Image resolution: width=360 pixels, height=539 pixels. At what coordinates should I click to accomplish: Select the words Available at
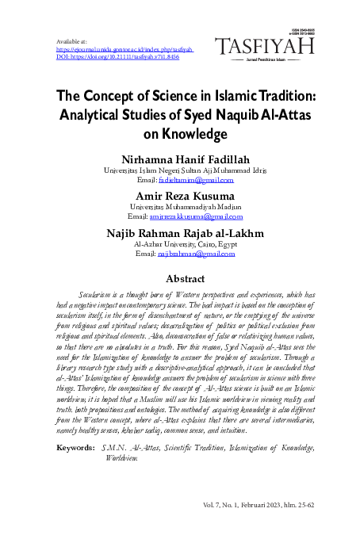(x=71, y=40)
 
